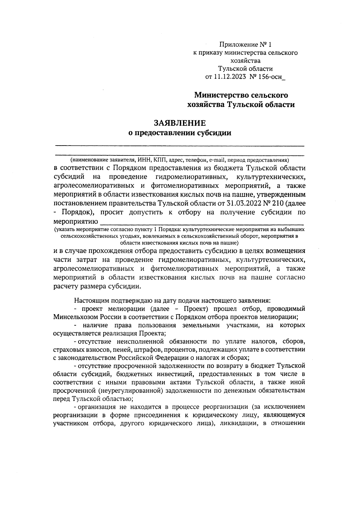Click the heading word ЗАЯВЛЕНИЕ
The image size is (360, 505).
[x=180, y=123]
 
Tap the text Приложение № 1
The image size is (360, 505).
[x=245, y=45]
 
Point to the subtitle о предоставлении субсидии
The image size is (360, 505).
[x=180, y=133]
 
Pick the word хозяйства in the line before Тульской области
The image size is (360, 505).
[x=245, y=61]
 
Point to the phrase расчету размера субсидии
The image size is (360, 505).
[x=97, y=286]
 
